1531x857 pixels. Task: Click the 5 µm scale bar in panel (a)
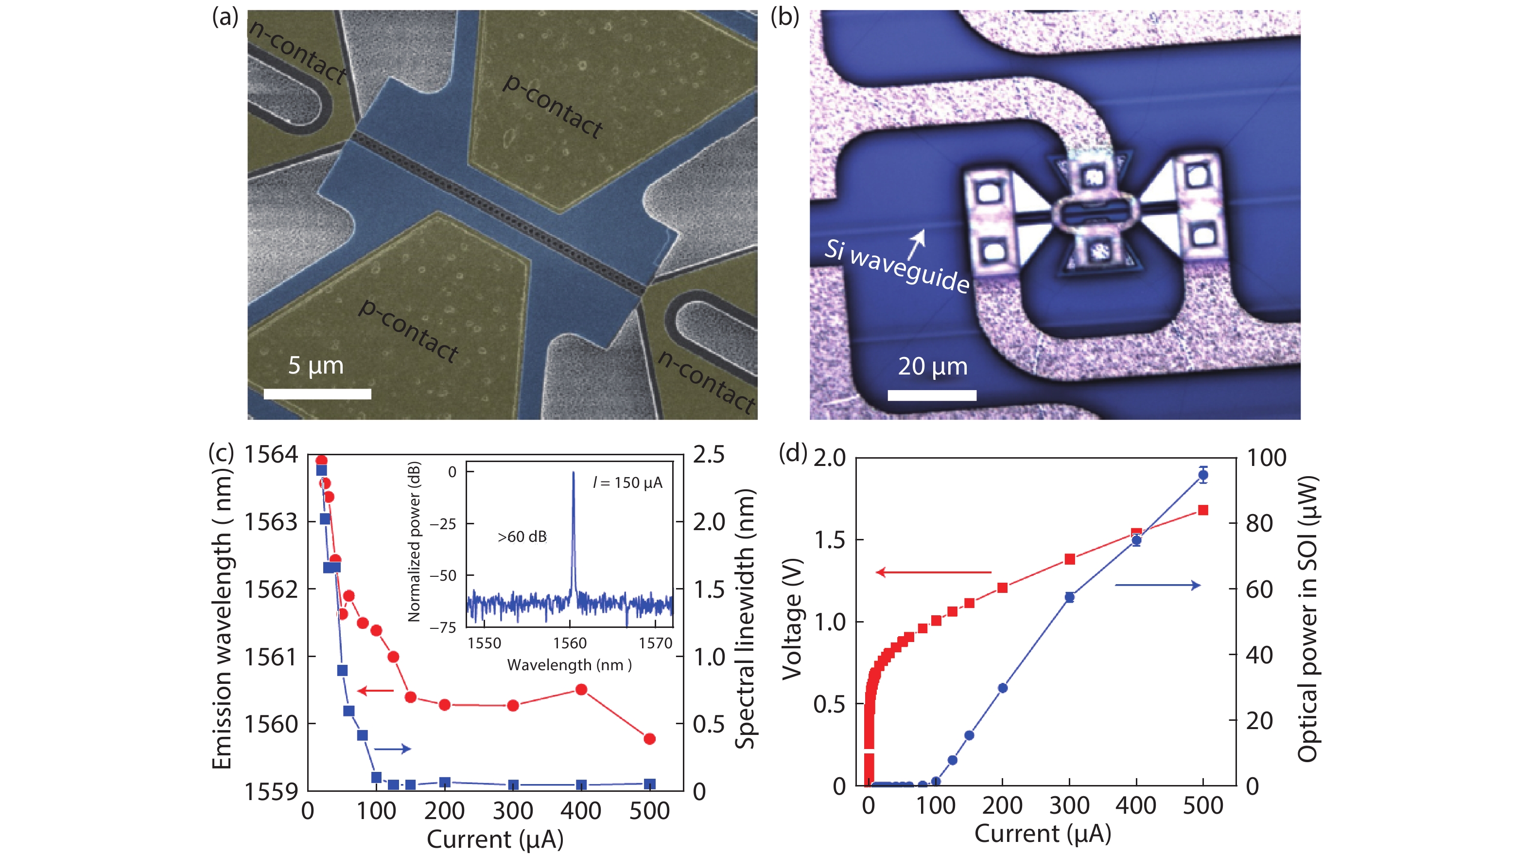[317, 393]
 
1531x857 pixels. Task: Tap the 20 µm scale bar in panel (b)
[931, 395]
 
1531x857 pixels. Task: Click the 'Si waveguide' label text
[896, 266]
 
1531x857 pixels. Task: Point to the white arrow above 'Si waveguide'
[917, 244]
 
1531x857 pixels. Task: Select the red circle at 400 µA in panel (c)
[581, 690]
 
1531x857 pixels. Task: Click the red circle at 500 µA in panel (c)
[650, 739]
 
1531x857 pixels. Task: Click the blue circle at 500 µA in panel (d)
[1203, 475]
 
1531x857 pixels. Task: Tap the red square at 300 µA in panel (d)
[1070, 559]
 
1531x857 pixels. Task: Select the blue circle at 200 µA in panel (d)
[1003, 688]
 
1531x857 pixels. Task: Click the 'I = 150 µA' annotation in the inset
[627, 482]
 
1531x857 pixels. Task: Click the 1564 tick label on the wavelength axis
[271, 454]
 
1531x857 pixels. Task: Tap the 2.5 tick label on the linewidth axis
[709, 454]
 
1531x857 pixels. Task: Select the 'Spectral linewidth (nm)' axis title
[744, 619]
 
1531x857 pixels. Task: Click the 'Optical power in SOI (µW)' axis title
[1307, 619]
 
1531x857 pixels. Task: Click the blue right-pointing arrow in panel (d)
[1157, 586]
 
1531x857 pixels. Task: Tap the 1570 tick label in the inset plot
[655, 643]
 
